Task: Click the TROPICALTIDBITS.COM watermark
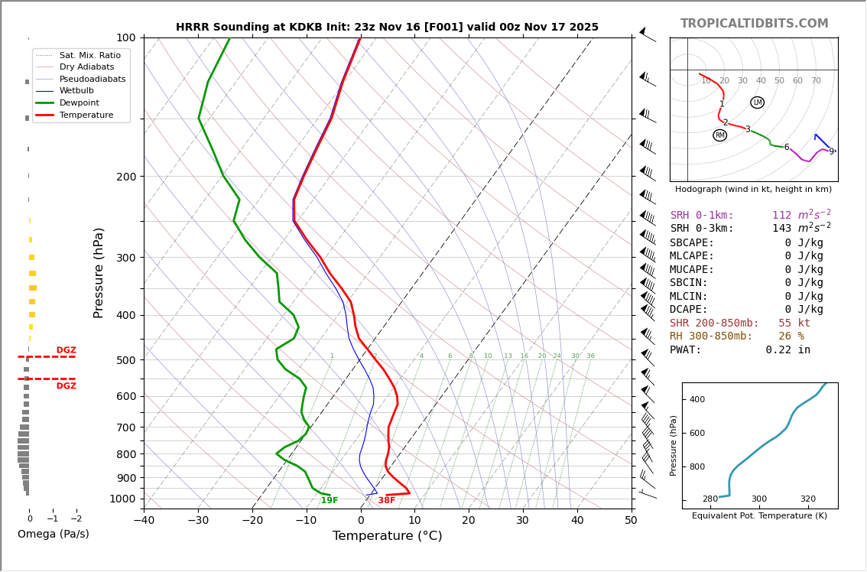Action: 754,24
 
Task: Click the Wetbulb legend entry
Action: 76,90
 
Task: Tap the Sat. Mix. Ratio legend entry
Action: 89,55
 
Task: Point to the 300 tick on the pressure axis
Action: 125,258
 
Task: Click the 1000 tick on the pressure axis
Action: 122,499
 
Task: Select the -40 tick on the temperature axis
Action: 144,521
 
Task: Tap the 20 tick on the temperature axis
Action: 469,521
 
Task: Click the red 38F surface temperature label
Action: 387,501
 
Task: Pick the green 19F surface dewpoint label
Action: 330,501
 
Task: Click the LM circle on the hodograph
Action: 757,102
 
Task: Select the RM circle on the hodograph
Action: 719,135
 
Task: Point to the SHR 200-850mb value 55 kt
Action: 794,323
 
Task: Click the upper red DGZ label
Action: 66,350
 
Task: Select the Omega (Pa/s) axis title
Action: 53,535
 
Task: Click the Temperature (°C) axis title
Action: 387,536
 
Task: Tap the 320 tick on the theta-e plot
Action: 807,499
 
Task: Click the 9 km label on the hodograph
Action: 831,152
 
